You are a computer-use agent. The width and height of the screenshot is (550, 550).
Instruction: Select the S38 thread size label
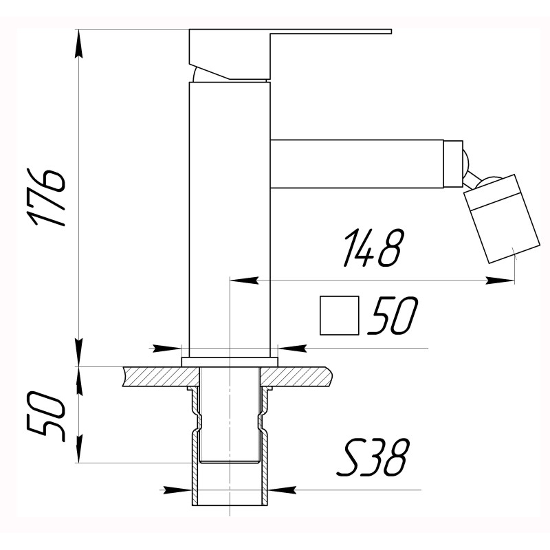pyautogui.click(x=374, y=459)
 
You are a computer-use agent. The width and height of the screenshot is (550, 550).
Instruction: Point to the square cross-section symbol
pyautogui.click(x=340, y=316)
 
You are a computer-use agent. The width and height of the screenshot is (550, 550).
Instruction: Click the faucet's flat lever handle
pyautogui.click(x=330, y=32)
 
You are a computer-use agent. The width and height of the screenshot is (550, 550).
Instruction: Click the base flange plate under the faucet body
pyautogui.click(x=230, y=362)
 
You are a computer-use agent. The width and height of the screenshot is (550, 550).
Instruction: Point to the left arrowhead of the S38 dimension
pyautogui.click(x=180, y=489)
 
